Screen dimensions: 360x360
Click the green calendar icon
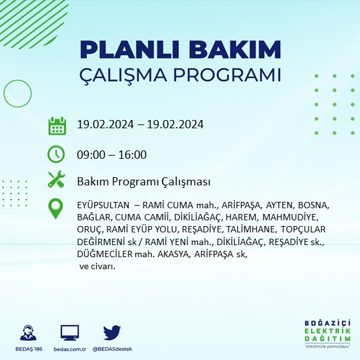pos(57,126)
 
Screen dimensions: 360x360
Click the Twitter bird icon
pos(112,333)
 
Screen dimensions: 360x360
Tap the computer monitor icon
pos(69,333)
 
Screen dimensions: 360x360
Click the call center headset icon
pos(29,333)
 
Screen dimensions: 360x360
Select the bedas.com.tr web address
pos(69,349)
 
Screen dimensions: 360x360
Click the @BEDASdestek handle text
pos(112,349)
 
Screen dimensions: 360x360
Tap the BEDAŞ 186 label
pos(29,349)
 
